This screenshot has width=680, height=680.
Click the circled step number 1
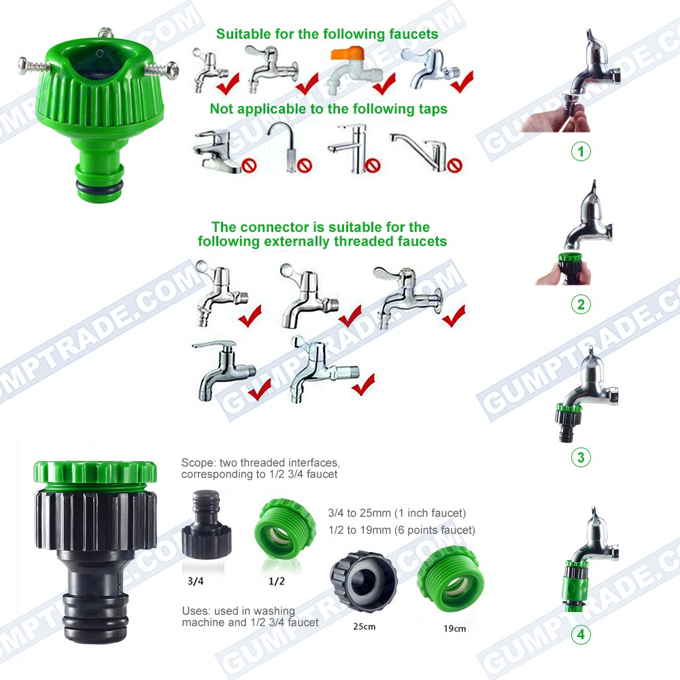click(x=581, y=152)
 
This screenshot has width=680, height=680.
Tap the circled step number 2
click(x=581, y=305)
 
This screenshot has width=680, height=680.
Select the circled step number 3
click(x=581, y=457)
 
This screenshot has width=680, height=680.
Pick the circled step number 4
click(x=581, y=634)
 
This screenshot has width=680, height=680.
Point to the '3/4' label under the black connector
click(x=196, y=581)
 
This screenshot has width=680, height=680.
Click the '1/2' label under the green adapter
click(x=277, y=581)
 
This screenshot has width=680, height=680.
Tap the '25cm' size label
click(x=364, y=627)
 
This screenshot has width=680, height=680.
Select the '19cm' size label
click(x=454, y=628)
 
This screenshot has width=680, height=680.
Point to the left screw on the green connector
click(x=34, y=67)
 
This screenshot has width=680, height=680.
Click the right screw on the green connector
click(x=161, y=69)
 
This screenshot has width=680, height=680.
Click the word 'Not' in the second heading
click(x=221, y=108)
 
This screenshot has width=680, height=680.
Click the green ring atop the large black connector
click(x=95, y=474)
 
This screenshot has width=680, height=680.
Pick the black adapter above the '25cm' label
click(x=363, y=581)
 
